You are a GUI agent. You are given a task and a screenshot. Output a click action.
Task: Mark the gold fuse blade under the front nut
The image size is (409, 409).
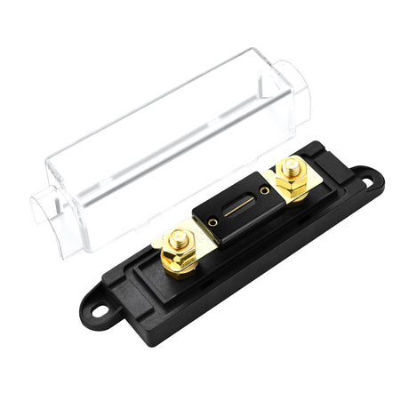pos(199,240)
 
